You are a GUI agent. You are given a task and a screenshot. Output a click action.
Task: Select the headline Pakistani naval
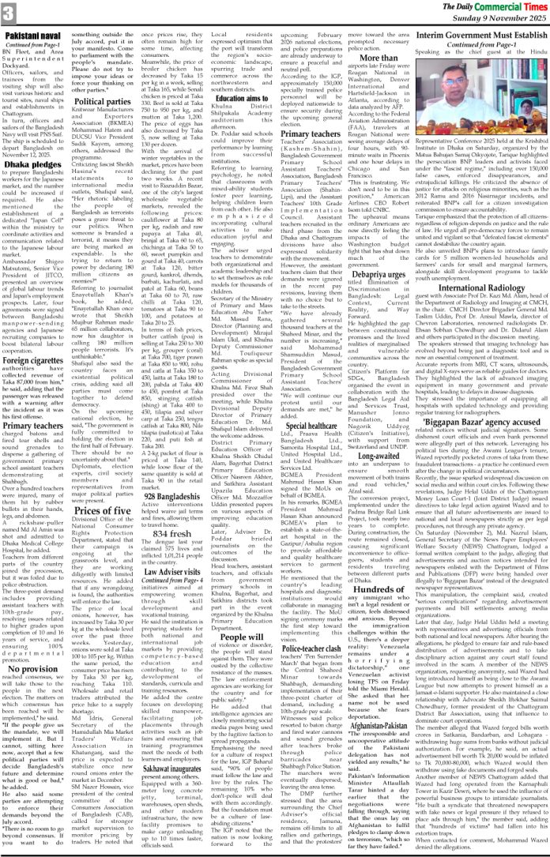click(x=34, y=37)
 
